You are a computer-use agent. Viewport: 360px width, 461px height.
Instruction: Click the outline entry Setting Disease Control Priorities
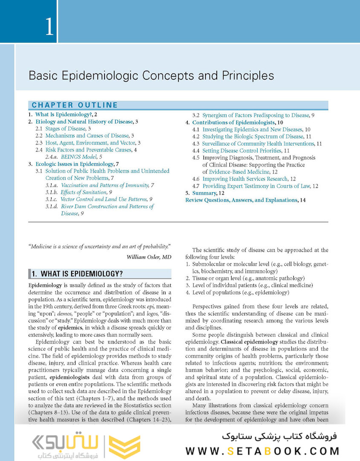click(x=242, y=151)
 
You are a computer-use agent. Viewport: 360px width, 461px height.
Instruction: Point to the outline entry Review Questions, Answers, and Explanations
click(x=241, y=200)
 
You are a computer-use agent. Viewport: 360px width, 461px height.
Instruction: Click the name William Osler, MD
click(x=149, y=257)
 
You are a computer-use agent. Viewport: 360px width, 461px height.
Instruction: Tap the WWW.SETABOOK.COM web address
click(x=262, y=451)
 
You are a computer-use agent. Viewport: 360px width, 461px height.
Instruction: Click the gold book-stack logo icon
click(x=125, y=446)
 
